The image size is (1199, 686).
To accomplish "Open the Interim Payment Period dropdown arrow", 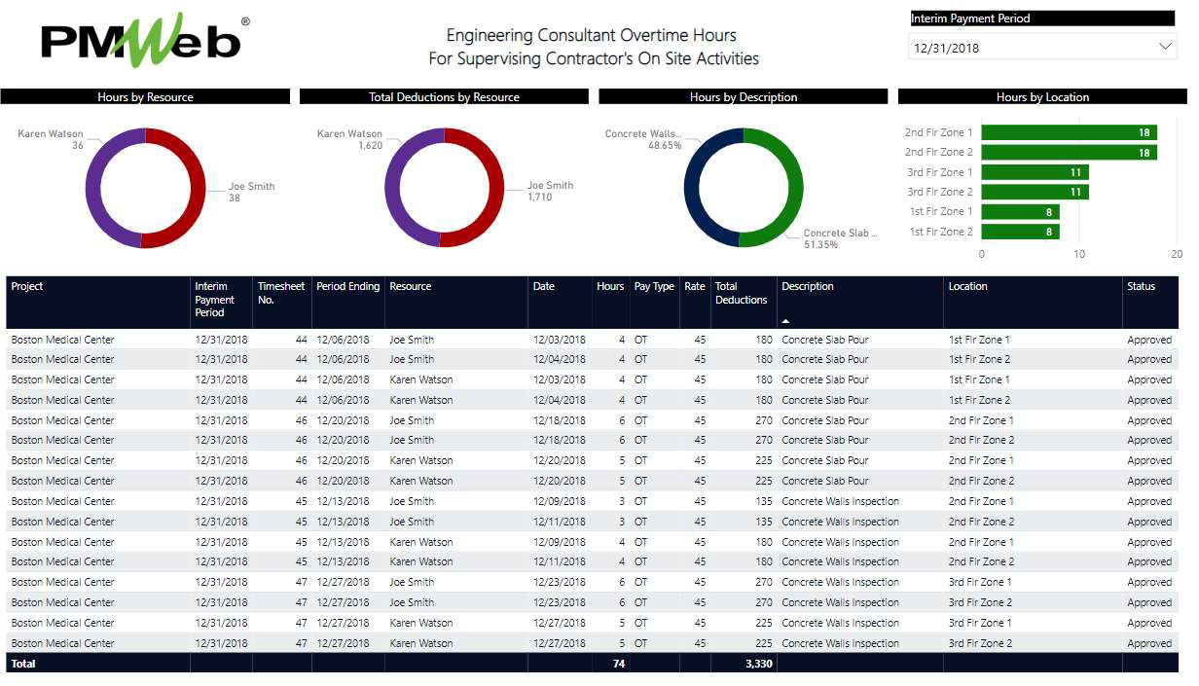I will pyautogui.click(x=1165, y=47).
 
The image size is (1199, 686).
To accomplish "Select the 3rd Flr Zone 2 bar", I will pyautogui.click(x=1035, y=192).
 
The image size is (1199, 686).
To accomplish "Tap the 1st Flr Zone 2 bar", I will pyautogui.click(x=1020, y=232).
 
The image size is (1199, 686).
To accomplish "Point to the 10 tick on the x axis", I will pyautogui.click(x=1079, y=254).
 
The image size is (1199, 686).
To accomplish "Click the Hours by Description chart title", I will pyautogui.click(x=743, y=97).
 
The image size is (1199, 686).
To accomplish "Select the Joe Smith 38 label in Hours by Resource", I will pyautogui.click(x=251, y=192).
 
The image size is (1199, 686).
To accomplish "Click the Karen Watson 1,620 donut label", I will pyautogui.click(x=349, y=139).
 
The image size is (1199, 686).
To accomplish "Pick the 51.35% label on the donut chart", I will pyautogui.click(x=820, y=245).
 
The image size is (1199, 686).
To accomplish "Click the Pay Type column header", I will pyautogui.click(x=654, y=287).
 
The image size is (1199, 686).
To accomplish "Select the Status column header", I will pyautogui.click(x=1141, y=287).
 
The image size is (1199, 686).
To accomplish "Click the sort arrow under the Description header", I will pyautogui.click(x=785, y=320).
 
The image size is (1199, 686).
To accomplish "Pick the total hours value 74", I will pyautogui.click(x=618, y=664).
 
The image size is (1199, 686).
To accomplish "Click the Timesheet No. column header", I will pyautogui.click(x=280, y=293).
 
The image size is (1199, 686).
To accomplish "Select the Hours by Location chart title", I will pyautogui.click(x=1042, y=97).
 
